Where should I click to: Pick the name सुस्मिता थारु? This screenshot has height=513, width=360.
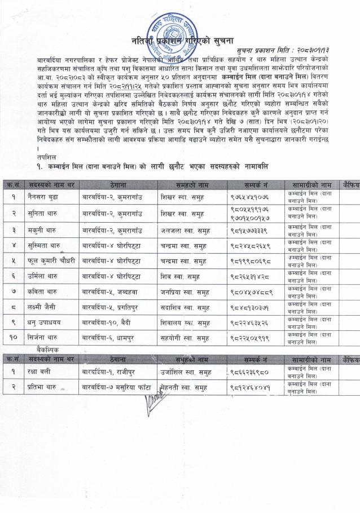click(47, 246)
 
